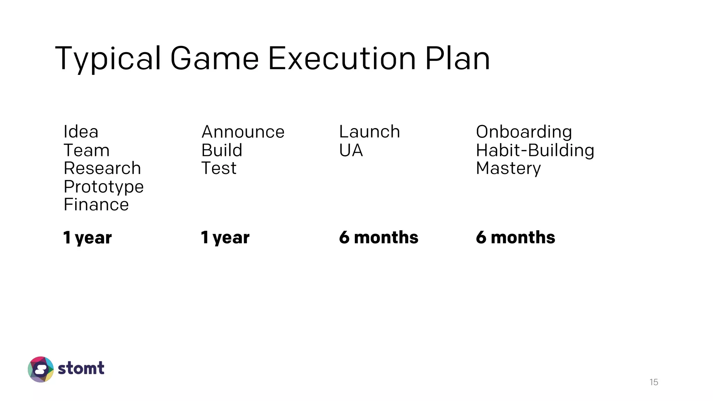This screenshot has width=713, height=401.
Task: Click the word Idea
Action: click(81, 132)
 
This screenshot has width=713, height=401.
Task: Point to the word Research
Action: click(102, 168)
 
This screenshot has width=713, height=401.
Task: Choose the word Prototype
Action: click(103, 187)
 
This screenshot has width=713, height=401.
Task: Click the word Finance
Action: click(96, 205)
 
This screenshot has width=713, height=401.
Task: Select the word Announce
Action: click(243, 132)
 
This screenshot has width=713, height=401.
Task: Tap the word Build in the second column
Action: click(222, 150)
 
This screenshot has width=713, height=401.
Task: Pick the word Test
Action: click(219, 168)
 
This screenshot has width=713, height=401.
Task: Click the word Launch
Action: click(369, 132)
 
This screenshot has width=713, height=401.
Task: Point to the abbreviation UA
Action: click(351, 150)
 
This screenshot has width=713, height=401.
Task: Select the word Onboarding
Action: click(524, 132)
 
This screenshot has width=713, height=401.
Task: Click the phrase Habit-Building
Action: click(535, 151)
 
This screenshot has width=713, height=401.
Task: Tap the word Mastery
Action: click(508, 169)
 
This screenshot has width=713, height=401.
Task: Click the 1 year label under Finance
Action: click(87, 238)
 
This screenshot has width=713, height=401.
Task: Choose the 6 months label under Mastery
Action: click(515, 237)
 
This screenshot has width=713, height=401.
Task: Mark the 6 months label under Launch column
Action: click(378, 237)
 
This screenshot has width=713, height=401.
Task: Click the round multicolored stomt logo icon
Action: click(41, 369)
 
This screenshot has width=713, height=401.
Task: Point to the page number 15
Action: click(653, 382)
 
